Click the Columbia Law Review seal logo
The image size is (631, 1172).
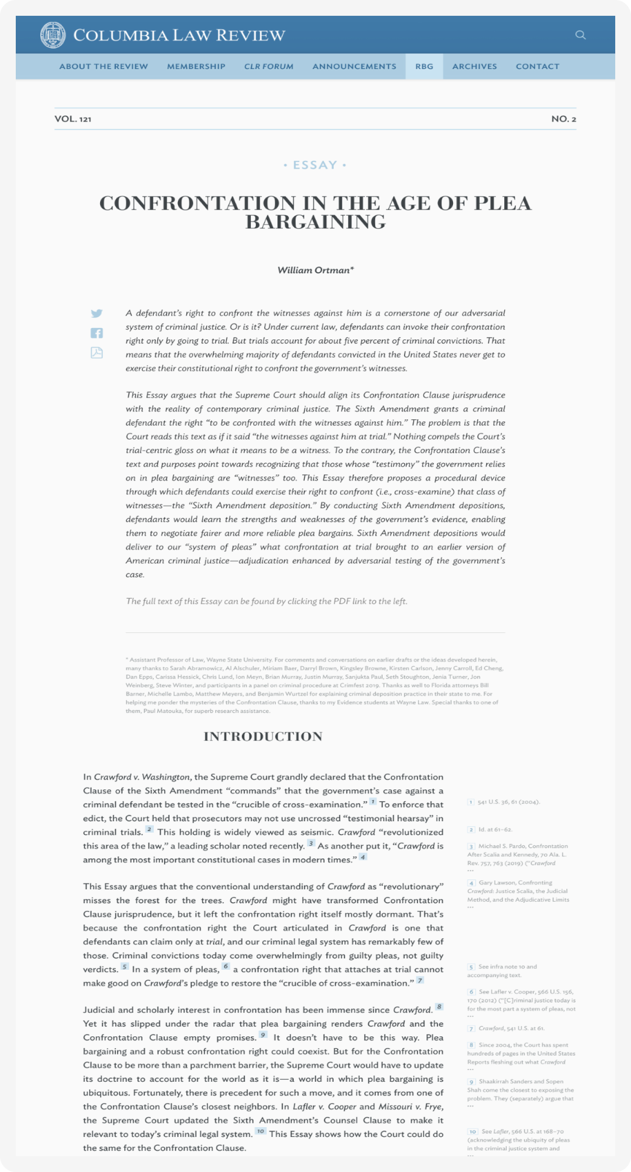click(x=53, y=35)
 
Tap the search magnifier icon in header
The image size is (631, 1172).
click(x=580, y=35)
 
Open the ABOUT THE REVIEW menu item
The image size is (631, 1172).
click(x=104, y=67)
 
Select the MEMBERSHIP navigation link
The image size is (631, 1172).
click(x=196, y=67)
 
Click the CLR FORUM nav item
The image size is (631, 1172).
click(x=269, y=67)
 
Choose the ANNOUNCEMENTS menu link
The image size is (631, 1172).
click(x=354, y=67)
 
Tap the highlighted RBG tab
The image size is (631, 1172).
click(x=424, y=67)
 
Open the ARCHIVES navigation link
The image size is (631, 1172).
click(x=474, y=67)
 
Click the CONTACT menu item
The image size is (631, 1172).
click(x=537, y=67)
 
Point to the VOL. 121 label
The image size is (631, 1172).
click(x=73, y=119)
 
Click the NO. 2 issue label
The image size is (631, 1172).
click(x=563, y=119)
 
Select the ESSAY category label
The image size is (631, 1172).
click(x=315, y=165)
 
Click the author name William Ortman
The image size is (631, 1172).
click(x=315, y=270)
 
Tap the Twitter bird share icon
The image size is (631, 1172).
click(x=97, y=314)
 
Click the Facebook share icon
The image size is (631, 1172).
click(x=97, y=333)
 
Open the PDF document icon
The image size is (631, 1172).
click(x=97, y=353)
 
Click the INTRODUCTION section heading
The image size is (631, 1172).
click(x=263, y=736)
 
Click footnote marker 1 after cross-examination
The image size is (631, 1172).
click(x=373, y=802)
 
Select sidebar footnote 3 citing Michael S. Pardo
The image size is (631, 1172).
click(x=518, y=854)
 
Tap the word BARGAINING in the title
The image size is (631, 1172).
click(x=315, y=222)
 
